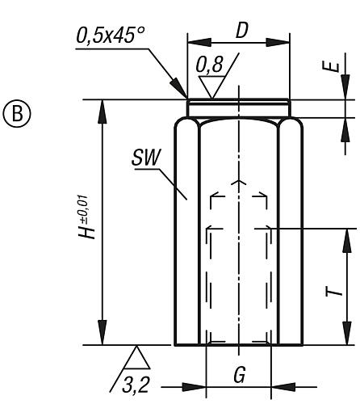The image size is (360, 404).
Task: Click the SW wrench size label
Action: tap(145, 159)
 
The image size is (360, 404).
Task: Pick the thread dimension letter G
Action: tap(240, 375)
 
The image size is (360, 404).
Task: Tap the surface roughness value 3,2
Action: tap(137, 384)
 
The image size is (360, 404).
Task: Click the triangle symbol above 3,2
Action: tap(138, 356)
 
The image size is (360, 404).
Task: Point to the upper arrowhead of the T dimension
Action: tap(348, 238)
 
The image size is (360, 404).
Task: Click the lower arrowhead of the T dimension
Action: tap(348, 335)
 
